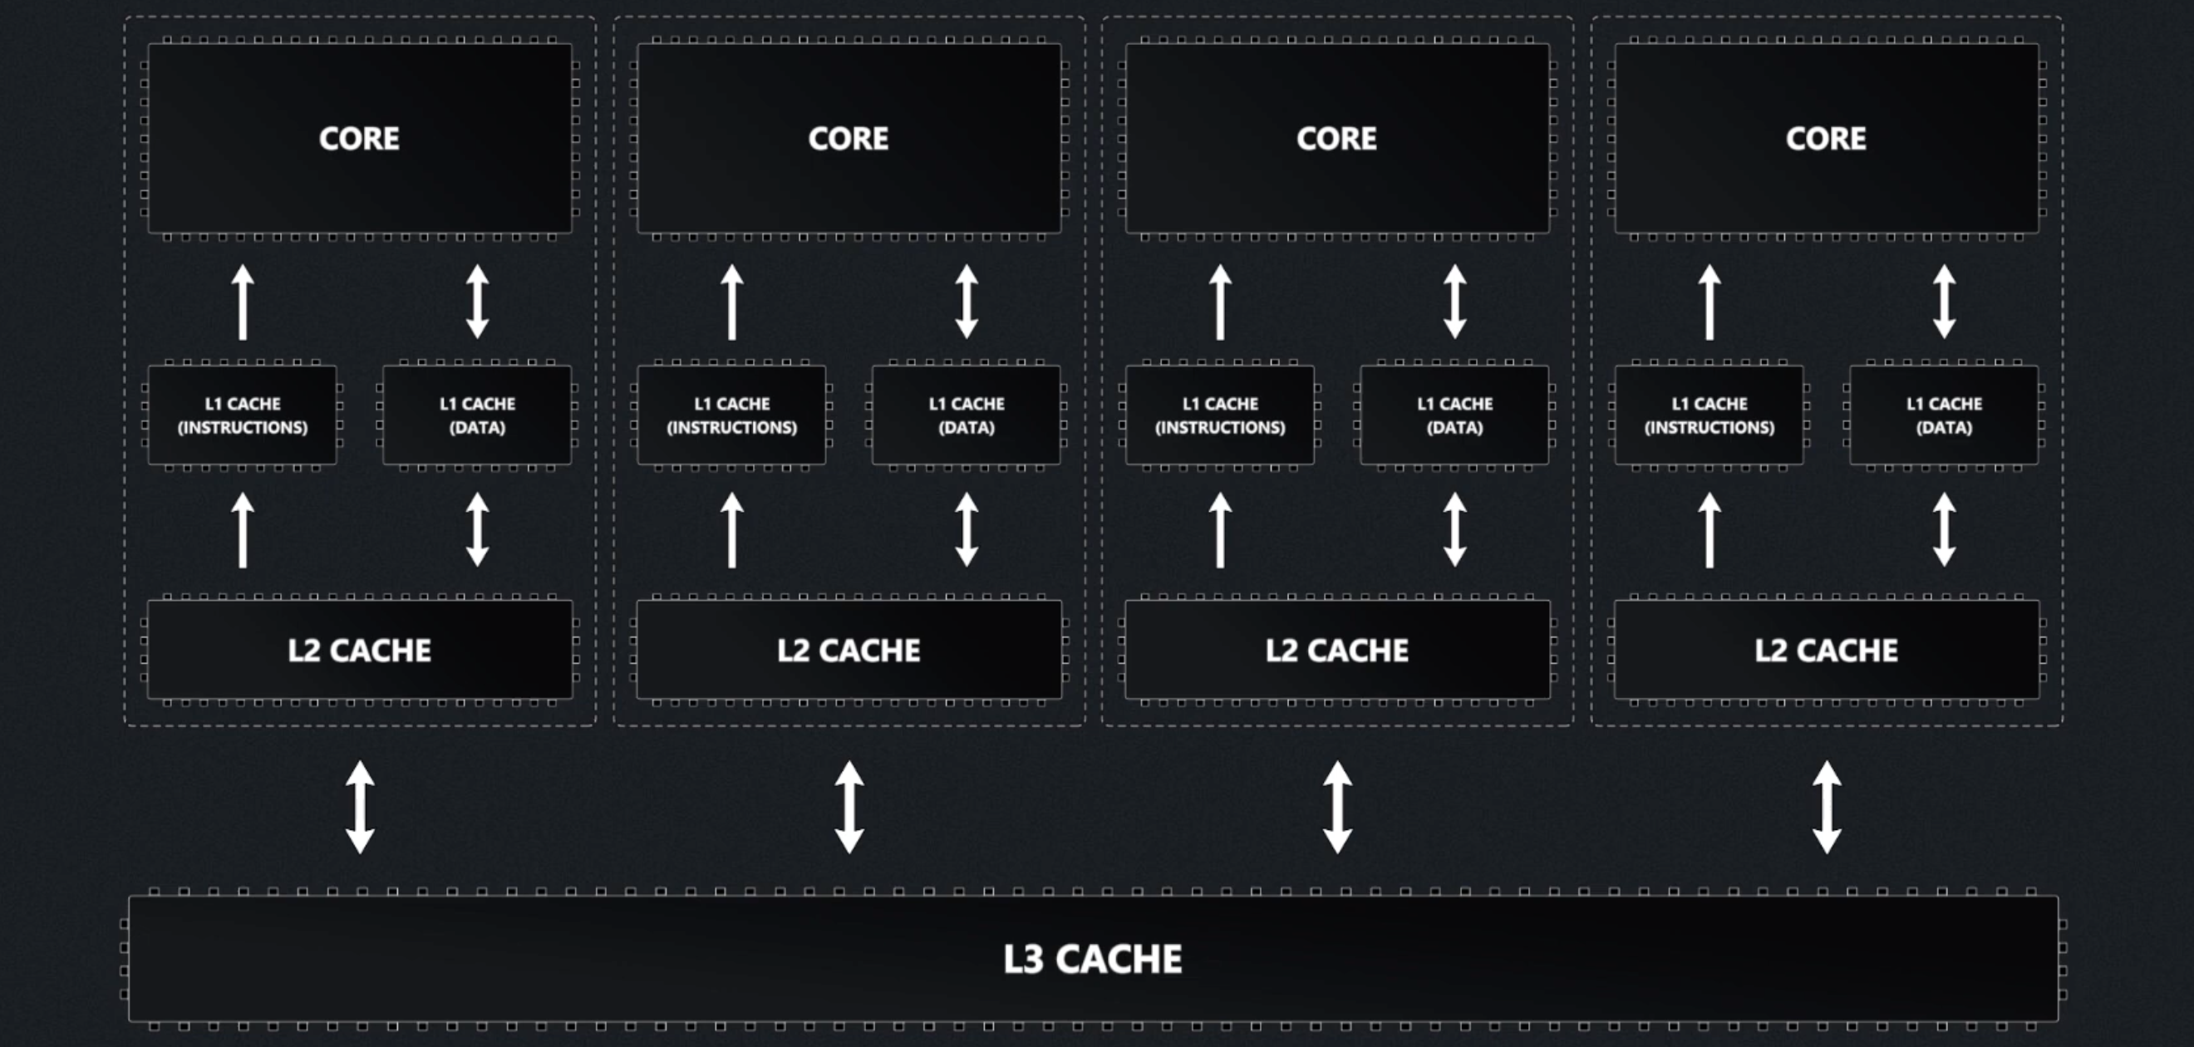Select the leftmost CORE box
(359, 139)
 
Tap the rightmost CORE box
(1826, 139)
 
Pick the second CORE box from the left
(849, 139)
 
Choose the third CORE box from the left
(1336, 139)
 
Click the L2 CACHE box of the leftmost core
(359, 650)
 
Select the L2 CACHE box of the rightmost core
(1826, 650)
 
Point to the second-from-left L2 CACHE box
(849, 650)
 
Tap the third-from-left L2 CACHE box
(1336, 650)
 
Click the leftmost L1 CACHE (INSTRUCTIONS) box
(243, 415)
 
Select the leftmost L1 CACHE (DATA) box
(477, 415)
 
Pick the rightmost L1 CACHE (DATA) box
(1944, 415)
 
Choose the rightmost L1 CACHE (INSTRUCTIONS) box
(1709, 415)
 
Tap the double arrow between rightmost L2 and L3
(1827, 807)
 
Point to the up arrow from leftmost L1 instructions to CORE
(243, 302)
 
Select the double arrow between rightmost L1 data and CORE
(1944, 302)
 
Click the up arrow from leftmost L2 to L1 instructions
(243, 530)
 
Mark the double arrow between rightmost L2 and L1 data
(1944, 530)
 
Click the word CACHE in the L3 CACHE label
(1119, 959)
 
